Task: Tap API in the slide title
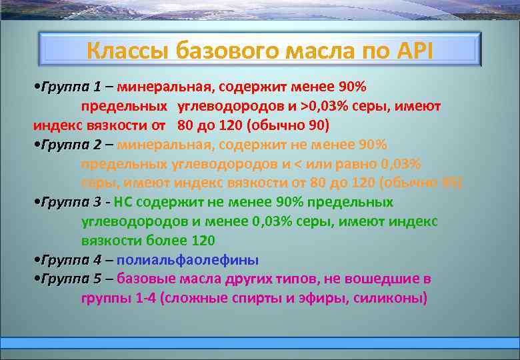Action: pyautogui.click(x=409, y=51)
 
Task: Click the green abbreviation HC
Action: pyautogui.click(x=124, y=202)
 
